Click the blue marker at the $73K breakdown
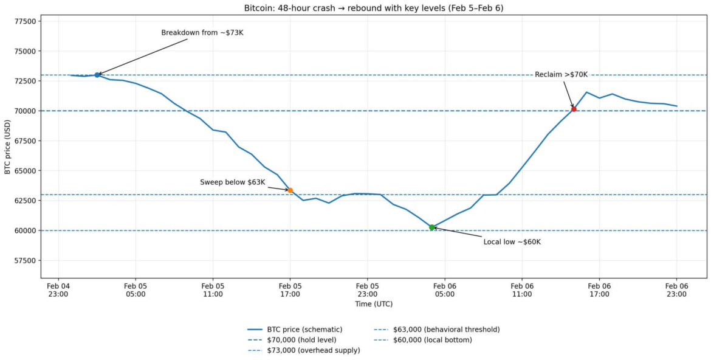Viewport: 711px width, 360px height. (x=97, y=75)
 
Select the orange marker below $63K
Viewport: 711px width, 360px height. (x=290, y=190)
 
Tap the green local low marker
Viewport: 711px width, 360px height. (x=432, y=227)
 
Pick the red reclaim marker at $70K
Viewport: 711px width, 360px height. (x=574, y=109)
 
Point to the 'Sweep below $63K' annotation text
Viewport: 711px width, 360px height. (x=233, y=182)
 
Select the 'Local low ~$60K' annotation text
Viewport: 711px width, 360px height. (x=512, y=242)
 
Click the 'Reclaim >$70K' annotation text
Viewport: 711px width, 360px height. (x=562, y=74)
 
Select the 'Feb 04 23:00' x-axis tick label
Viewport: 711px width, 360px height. (x=58, y=289)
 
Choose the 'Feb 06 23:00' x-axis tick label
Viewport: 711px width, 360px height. (x=676, y=289)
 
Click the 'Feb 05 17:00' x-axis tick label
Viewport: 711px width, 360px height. (x=290, y=289)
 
